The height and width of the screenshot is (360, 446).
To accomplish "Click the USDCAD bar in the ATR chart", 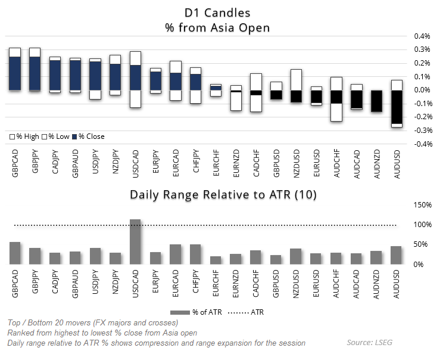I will (x=135, y=241).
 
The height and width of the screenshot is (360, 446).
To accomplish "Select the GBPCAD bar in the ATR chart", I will (x=15, y=253).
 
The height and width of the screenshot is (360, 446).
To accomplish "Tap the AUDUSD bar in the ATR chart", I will (x=396, y=255).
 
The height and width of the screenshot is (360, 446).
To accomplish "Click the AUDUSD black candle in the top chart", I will (x=396, y=107).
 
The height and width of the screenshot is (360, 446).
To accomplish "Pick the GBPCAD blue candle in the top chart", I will (x=15, y=73).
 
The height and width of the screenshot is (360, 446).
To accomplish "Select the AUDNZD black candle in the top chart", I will (x=376, y=101).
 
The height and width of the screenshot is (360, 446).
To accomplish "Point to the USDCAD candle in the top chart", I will (x=135, y=77).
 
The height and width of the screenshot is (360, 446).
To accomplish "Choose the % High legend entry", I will (x=24, y=136).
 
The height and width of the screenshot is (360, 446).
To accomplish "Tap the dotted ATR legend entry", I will (x=247, y=312).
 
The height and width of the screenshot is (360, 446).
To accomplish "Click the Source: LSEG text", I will (x=373, y=343).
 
